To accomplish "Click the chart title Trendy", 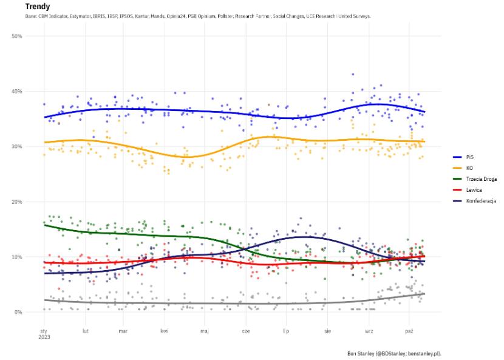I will coord(38,6).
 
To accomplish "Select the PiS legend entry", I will coord(470,157).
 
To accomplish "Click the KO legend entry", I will coord(469,168).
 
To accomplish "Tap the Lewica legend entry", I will coord(473,189).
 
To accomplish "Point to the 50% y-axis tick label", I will coord(17,36).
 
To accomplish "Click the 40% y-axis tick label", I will coord(17,92).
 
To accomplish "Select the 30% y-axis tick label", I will coord(17,147).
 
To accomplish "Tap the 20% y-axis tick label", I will coord(17,202).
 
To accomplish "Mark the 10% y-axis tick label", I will coord(17,257).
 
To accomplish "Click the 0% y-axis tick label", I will coord(18,313).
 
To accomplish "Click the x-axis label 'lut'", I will coord(86,331).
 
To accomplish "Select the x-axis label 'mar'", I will coord(123,331).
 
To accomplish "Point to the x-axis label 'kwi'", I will coord(164,331).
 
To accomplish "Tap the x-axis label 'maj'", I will coord(204,331).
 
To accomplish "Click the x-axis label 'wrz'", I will coord(368,331).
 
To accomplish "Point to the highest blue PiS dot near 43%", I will coord(353,74).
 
